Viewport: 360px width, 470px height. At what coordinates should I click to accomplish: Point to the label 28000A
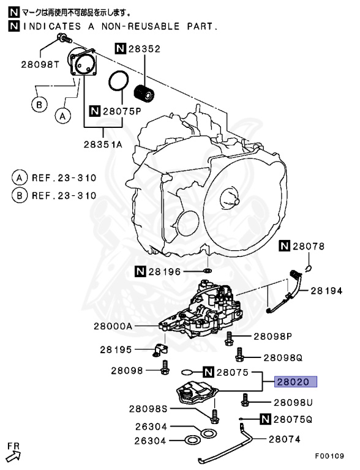point(113,326)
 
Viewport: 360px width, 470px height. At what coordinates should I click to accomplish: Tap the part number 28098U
point(293,402)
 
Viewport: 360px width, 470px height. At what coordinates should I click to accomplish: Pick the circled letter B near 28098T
point(39,105)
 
